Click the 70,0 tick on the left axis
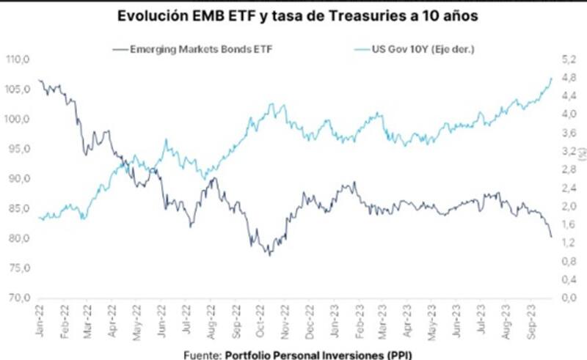tap(19, 298)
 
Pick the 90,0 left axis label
tap(19, 179)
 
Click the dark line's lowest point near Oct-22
tap(269, 255)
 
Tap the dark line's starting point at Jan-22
tap(39, 80)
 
